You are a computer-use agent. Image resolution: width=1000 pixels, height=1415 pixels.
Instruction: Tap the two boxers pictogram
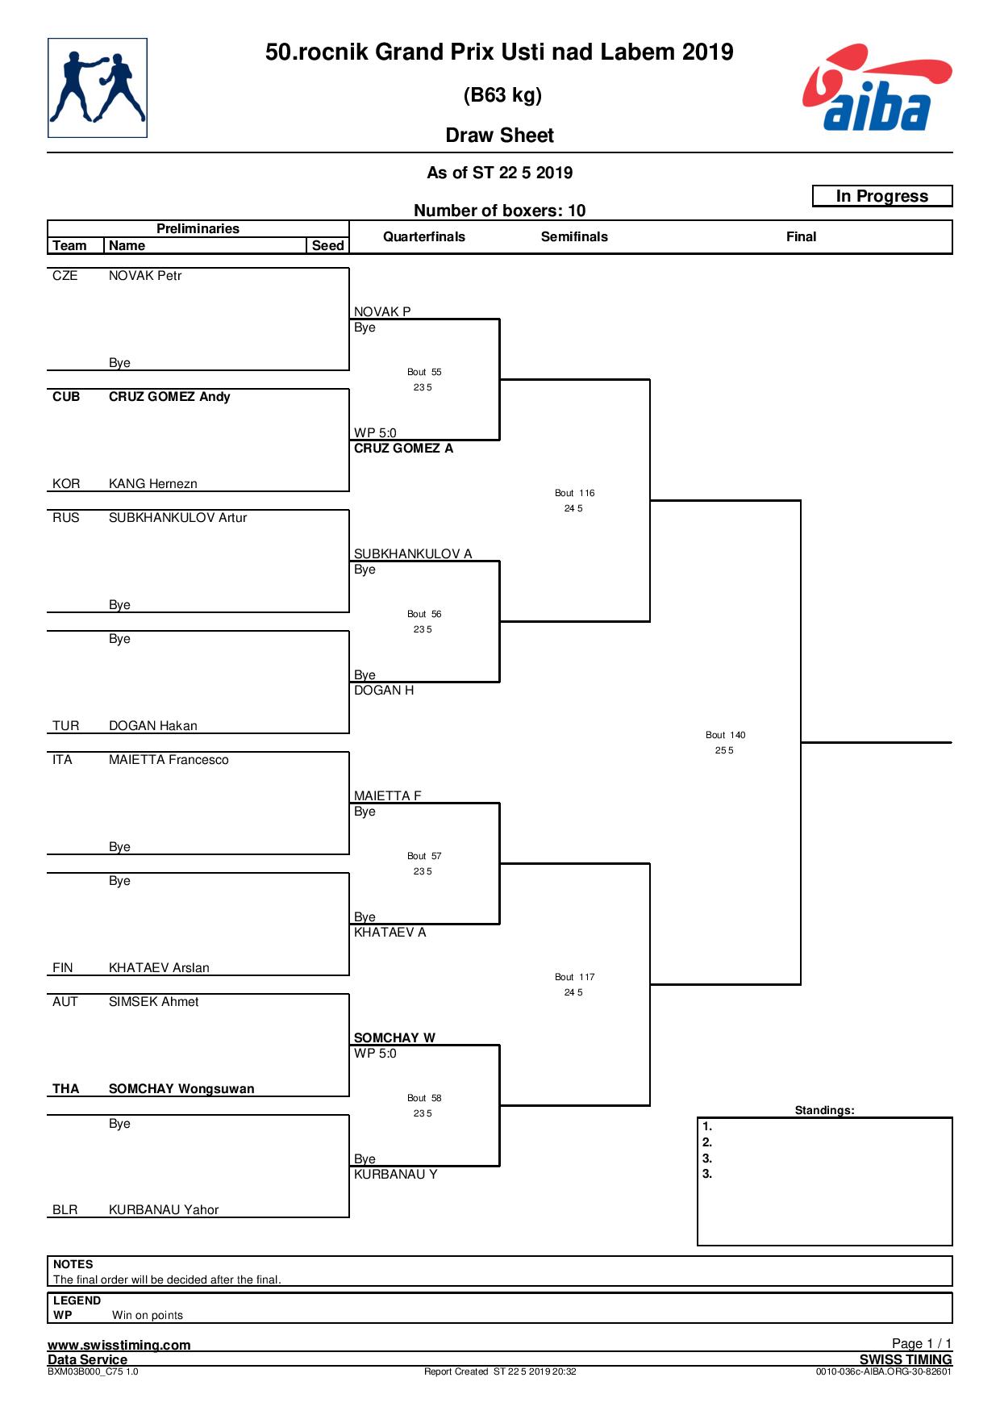point(98,88)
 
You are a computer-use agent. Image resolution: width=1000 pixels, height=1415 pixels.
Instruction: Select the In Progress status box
point(882,196)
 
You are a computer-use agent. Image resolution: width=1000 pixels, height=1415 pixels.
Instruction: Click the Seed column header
point(327,245)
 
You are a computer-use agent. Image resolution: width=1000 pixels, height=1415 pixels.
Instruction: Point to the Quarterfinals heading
point(424,236)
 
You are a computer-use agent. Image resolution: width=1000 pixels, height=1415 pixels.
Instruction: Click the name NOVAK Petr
point(145,276)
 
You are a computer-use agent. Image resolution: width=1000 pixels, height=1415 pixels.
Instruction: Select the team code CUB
point(66,397)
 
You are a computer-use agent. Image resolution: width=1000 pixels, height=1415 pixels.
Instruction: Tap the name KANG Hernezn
point(153,484)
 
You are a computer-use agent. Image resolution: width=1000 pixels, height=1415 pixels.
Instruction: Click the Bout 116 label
point(574,493)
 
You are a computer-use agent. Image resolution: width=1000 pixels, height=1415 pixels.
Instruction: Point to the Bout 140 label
point(725,735)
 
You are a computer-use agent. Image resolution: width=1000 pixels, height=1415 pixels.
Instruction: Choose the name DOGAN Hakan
point(153,726)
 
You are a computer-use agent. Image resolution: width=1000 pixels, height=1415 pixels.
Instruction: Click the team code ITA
point(62,760)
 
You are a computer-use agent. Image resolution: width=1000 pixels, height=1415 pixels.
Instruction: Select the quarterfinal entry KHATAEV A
point(390,933)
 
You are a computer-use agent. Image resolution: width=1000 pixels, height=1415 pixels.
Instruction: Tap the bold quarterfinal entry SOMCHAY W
point(394,1038)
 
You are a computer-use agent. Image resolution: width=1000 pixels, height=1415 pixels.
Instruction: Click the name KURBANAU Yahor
point(164,1210)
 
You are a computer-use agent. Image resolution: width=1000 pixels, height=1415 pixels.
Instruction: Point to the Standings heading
point(824,1110)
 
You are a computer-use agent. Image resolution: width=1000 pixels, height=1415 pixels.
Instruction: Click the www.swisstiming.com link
point(119,1345)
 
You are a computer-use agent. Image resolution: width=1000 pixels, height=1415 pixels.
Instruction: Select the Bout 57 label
point(424,856)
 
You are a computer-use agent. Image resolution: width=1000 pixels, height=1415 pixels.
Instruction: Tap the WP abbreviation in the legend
point(63,1315)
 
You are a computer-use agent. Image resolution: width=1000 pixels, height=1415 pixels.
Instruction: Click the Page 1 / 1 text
point(922,1343)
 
